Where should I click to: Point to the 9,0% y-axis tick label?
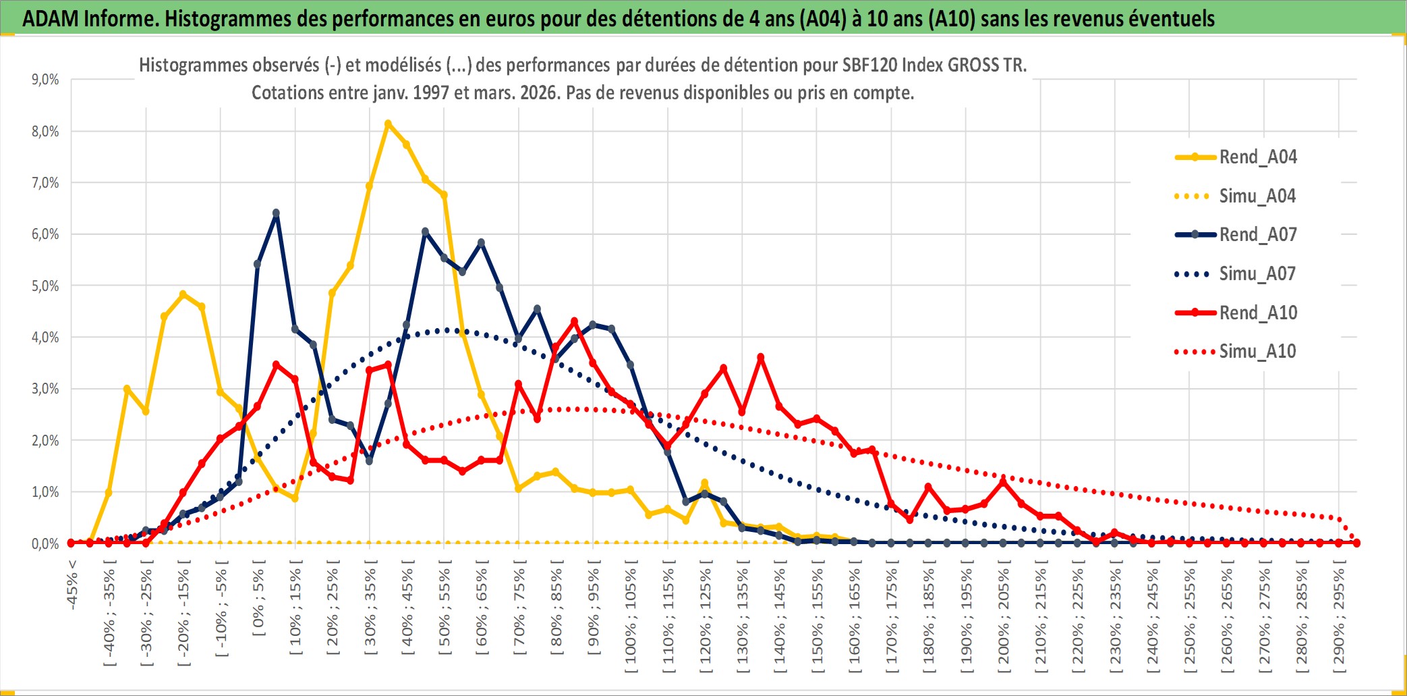pos(45,80)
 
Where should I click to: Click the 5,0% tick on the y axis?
pos(45,286)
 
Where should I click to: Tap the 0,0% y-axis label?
pos(45,544)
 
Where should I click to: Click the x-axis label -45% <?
pos(72,585)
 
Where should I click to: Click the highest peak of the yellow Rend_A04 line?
pos(388,124)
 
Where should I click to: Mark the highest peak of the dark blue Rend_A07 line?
pos(276,213)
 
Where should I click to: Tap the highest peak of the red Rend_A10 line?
pos(574,321)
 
